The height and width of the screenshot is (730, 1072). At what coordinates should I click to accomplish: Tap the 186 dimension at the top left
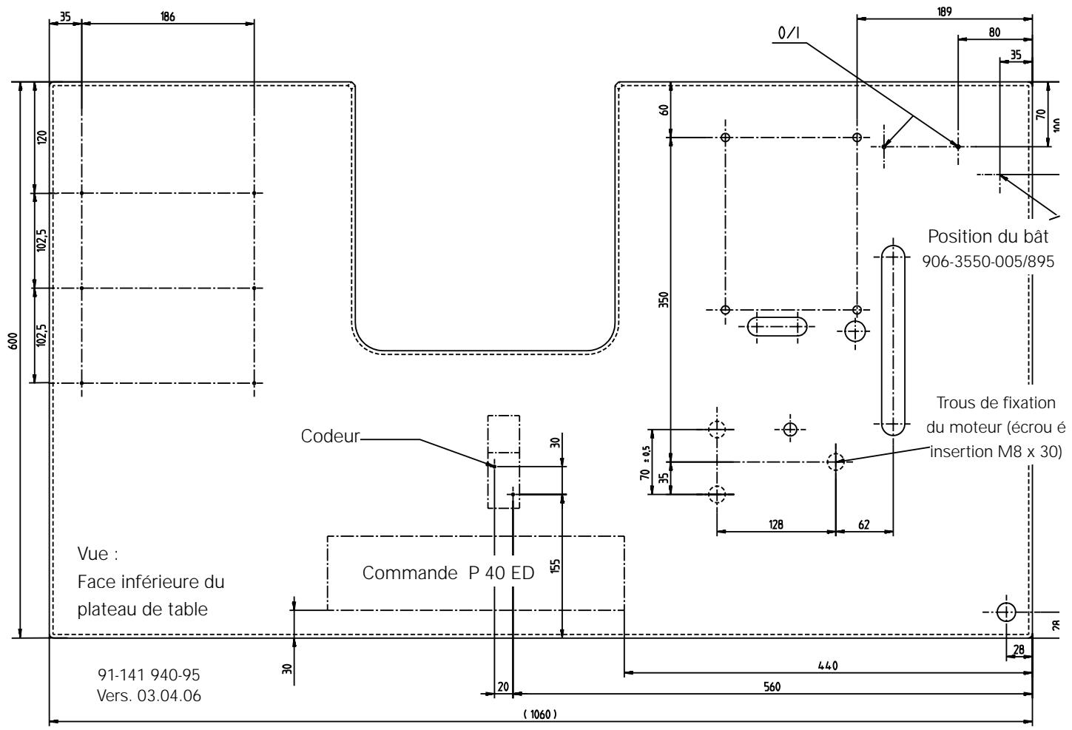pyautogui.click(x=167, y=16)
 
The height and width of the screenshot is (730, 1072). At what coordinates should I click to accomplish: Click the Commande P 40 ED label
pyautogui.click(x=448, y=575)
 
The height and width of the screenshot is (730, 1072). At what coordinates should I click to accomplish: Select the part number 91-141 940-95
pyautogui.click(x=149, y=675)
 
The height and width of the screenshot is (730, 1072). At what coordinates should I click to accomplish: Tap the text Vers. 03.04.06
pyautogui.click(x=149, y=696)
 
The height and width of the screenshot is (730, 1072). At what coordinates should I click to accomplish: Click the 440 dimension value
pyautogui.click(x=828, y=666)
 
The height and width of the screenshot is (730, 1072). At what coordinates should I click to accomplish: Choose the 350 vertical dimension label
pyautogui.click(x=664, y=300)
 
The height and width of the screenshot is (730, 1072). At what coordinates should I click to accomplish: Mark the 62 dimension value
pyautogui.click(x=863, y=524)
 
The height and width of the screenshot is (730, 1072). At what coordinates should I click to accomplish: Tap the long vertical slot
pyautogui.click(x=893, y=341)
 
